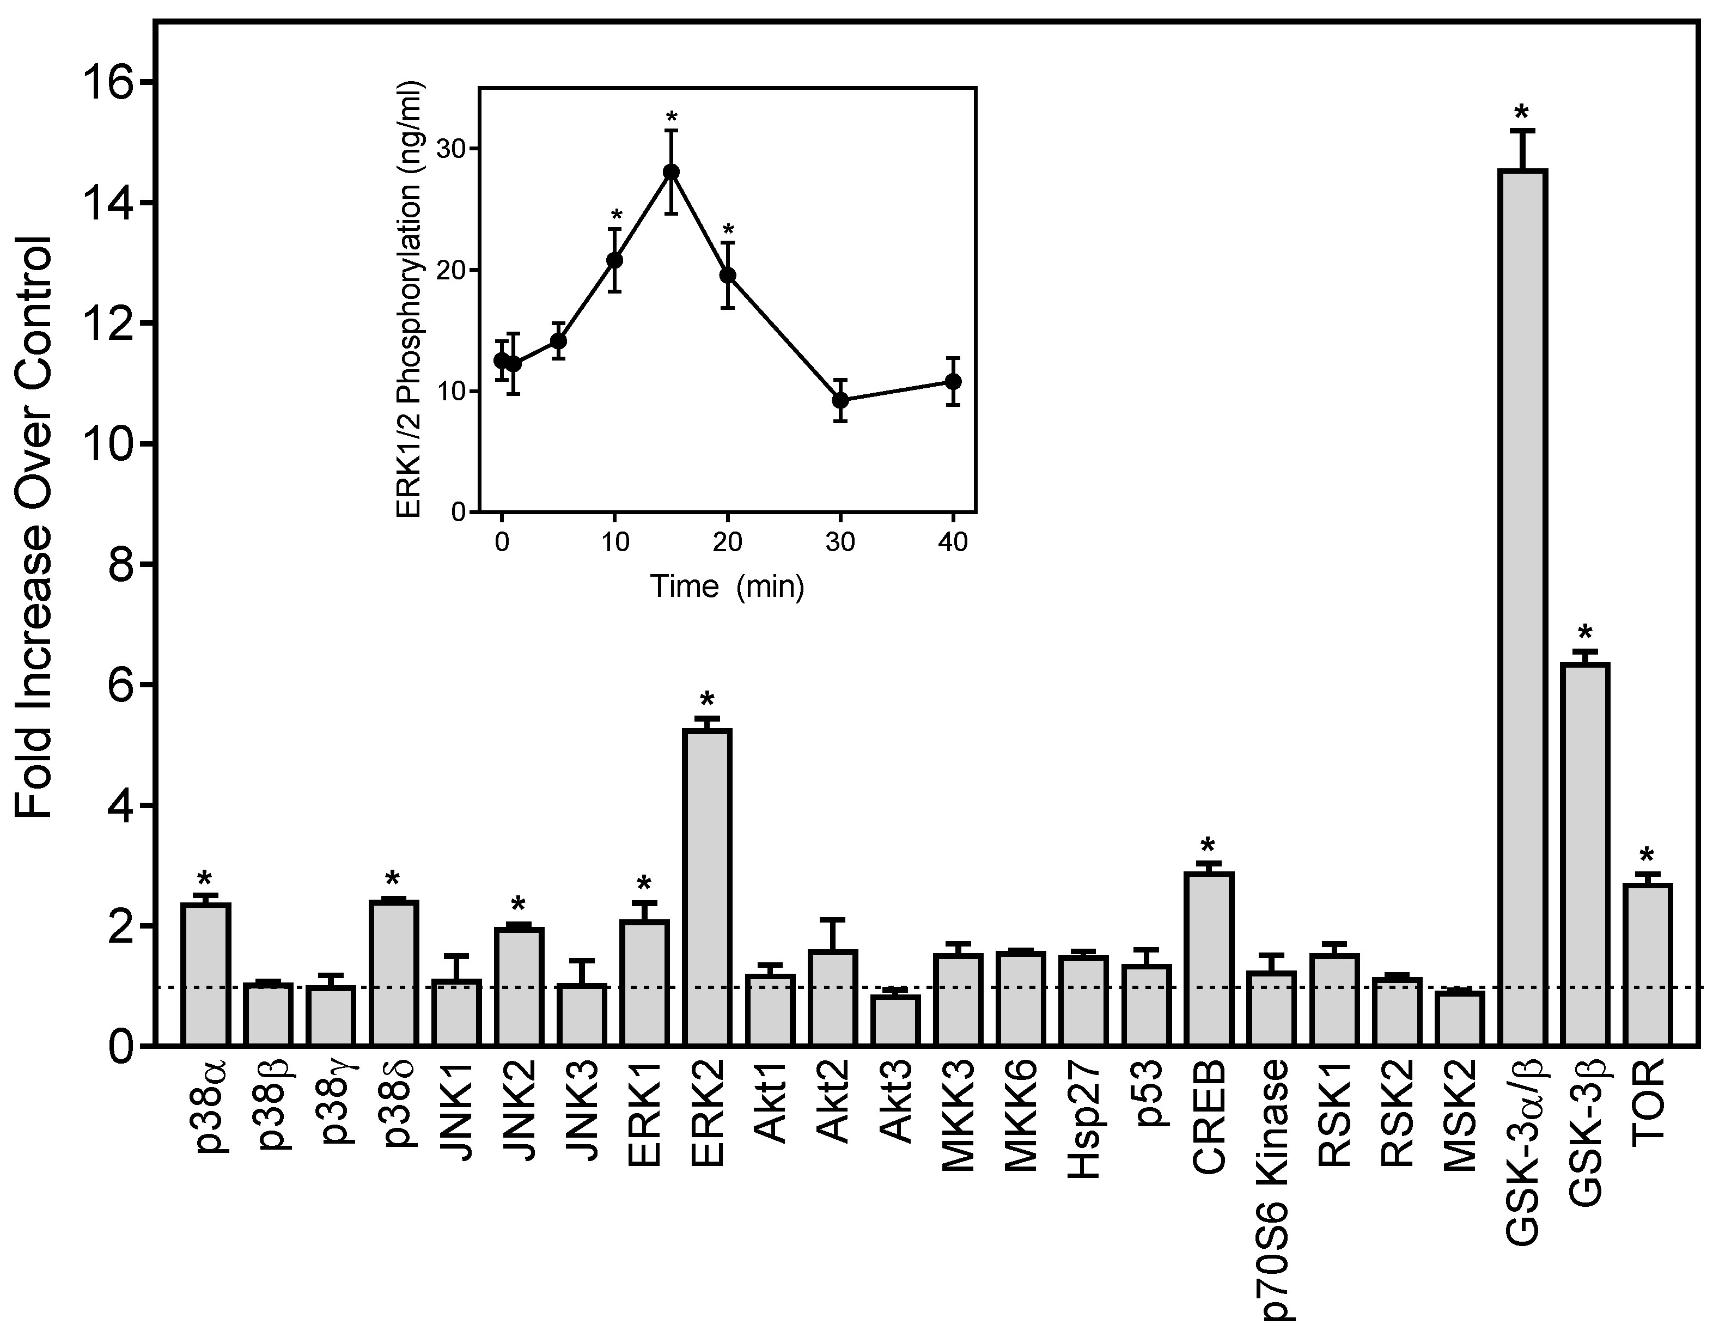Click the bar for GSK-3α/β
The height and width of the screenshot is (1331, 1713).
(1522, 608)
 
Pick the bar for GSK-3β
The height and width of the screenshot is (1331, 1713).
(1585, 855)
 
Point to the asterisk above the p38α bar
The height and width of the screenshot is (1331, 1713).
(205, 879)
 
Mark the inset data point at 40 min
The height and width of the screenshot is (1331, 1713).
(954, 381)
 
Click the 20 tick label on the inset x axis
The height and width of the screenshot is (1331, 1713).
(728, 543)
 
